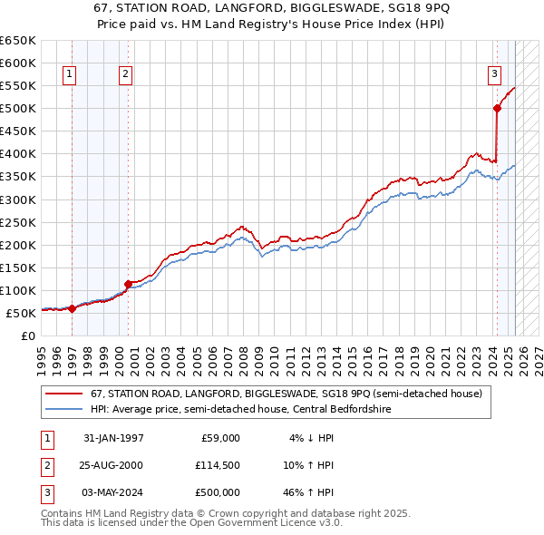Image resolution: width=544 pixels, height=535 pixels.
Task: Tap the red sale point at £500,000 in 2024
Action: (x=497, y=108)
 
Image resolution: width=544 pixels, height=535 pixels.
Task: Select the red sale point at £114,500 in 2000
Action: (x=128, y=284)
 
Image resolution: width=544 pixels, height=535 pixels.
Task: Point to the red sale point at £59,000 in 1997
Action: (x=73, y=308)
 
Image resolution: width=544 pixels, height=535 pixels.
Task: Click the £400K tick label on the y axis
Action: (x=18, y=154)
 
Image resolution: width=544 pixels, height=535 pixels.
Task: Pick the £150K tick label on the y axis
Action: (x=18, y=267)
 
